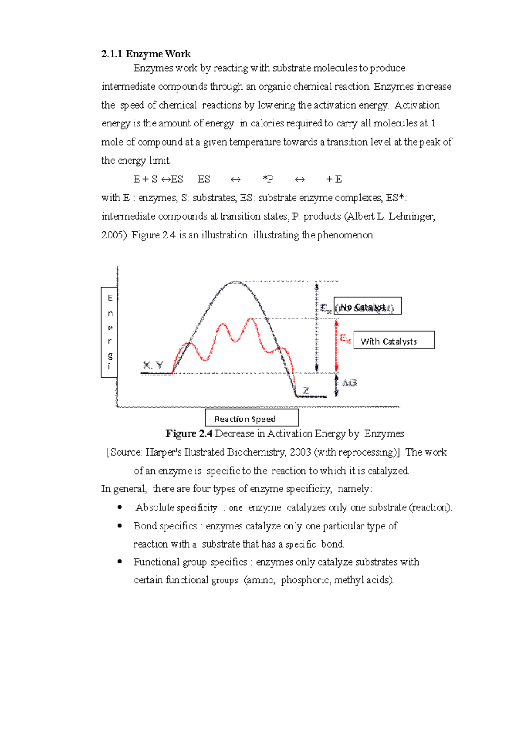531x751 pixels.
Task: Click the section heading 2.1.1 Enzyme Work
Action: point(146,54)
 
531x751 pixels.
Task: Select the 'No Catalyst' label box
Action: point(367,306)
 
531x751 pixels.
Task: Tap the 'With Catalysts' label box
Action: point(393,340)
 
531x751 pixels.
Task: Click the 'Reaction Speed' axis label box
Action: point(252,418)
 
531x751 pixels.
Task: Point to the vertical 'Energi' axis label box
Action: point(109,332)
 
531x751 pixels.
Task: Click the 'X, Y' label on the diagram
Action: point(153,365)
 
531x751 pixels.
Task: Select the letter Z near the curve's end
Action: point(306,391)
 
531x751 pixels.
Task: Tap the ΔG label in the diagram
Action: point(350,383)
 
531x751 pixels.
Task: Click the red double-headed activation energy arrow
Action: point(336,345)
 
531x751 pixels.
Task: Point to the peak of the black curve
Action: point(235,282)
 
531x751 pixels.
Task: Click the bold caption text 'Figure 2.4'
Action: point(189,433)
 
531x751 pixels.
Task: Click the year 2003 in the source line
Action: point(300,452)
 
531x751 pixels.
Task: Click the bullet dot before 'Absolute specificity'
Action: point(119,507)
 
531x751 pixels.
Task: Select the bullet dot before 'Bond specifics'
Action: point(119,525)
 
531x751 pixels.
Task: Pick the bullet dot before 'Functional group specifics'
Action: point(119,562)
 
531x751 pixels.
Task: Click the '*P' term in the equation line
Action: point(268,179)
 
